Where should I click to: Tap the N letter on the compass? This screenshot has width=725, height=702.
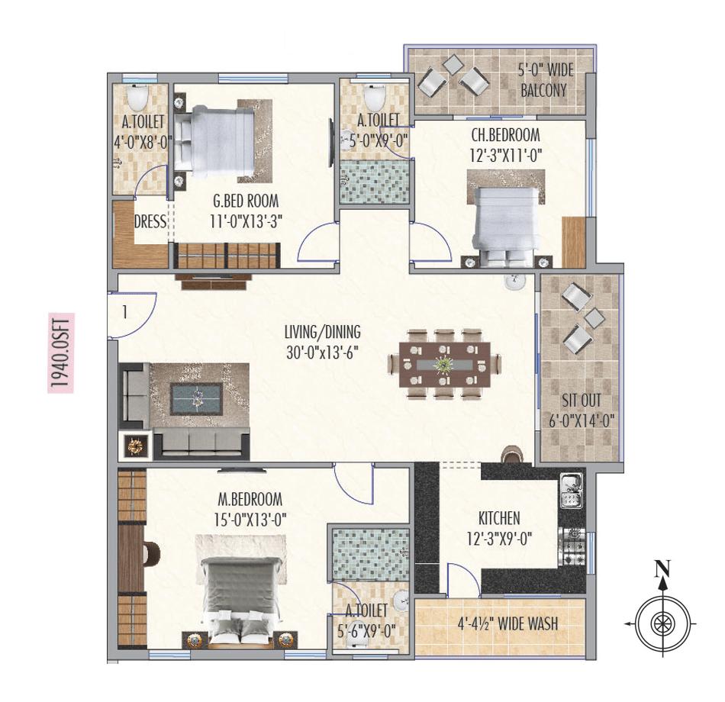663,568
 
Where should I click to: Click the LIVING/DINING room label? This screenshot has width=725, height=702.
322,333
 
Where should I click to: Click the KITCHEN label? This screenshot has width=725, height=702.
499,518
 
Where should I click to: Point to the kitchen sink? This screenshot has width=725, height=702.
571,491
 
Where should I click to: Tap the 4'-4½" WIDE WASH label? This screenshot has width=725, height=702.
503,624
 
